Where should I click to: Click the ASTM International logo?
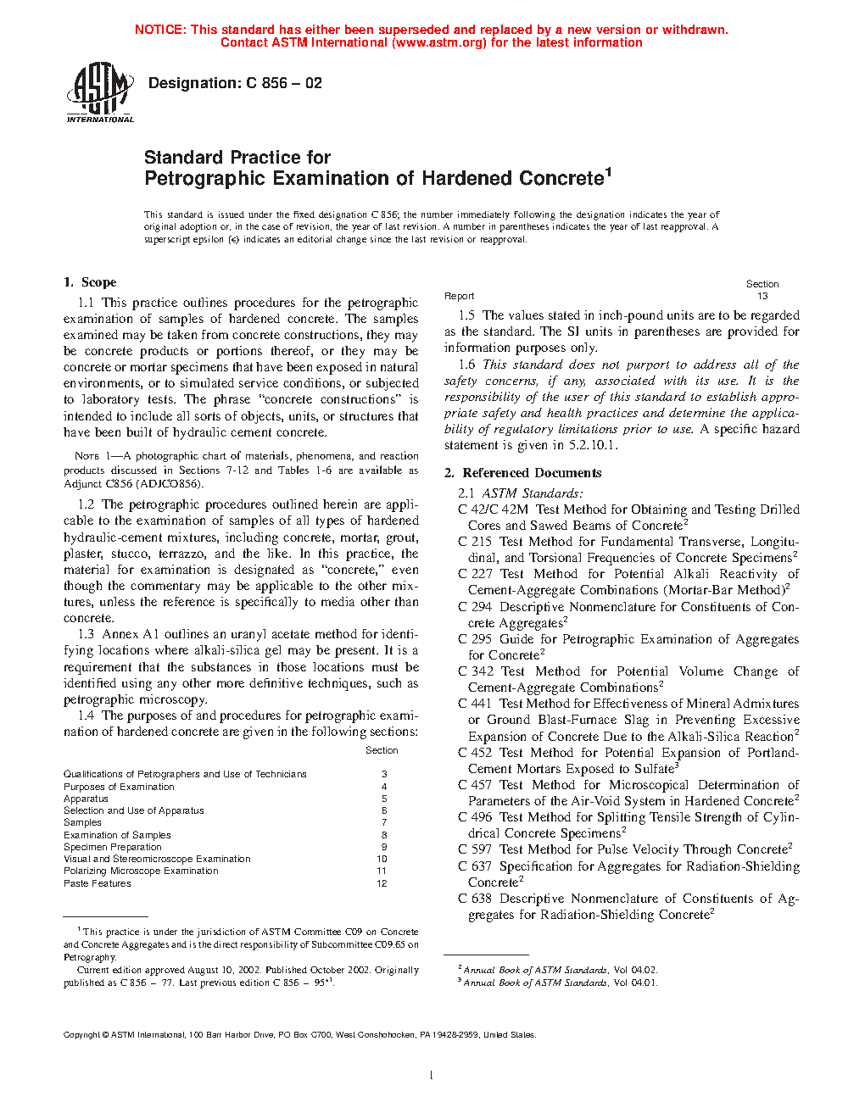(99, 92)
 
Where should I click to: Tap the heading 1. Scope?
(90, 282)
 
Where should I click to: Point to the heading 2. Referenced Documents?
(522, 473)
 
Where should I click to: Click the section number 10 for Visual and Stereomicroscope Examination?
(382, 859)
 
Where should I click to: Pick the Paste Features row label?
(98, 883)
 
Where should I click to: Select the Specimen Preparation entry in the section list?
(112, 847)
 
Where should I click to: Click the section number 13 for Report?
(762, 296)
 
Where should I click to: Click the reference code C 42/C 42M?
(493, 509)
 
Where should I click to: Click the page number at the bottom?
(432, 1076)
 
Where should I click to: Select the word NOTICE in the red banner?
(159, 30)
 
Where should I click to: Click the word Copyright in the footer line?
(81, 1034)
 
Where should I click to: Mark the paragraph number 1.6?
(466, 365)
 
